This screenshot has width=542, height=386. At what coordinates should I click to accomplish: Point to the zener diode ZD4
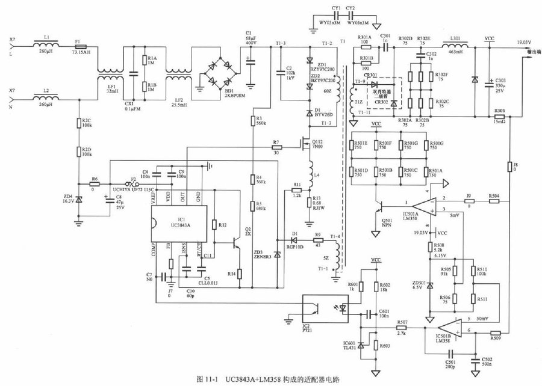click(78, 197)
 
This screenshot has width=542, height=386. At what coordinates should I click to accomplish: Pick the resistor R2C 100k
click(78, 123)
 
